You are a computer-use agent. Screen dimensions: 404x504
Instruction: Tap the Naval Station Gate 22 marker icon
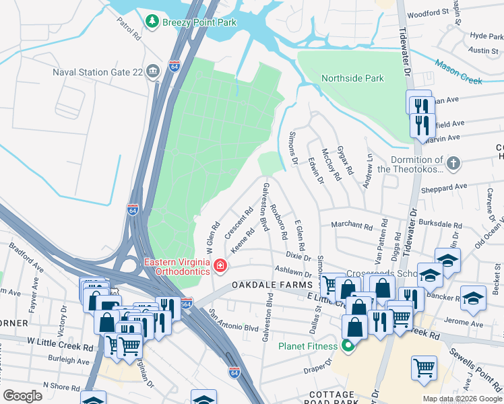pyautogui.click(x=153, y=71)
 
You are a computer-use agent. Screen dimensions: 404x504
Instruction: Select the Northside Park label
pyautogui.click(x=352, y=78)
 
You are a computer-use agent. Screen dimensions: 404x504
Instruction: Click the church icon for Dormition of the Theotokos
pyautogui.click(x=454, y=162)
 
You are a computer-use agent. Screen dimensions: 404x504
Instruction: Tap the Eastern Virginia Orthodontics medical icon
pyautogui.click(x=219, y=267)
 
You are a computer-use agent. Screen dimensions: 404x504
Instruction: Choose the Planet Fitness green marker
pyautogui.click(x=348, y=347)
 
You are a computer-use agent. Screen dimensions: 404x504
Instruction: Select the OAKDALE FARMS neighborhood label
pyautogui.click(x=270, y=285)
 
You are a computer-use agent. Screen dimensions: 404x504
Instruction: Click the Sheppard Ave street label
pyautogui.click(x=444, y=187)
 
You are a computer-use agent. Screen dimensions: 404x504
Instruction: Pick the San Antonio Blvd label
pyautogui.click(x=234, y=321)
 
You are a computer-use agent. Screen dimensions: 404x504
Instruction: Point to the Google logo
pyautogui.click(x=23, y=396)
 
